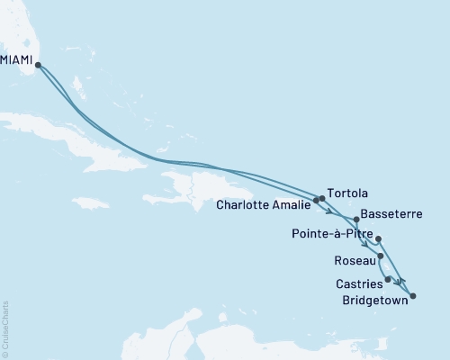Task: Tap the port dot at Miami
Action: [38, 64]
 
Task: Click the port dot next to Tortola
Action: [322, 198]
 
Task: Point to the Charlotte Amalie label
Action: [264, 204]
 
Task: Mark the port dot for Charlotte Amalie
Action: [316, 201]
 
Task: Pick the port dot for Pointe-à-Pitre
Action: [378, 238]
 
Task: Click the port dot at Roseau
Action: [382, 256]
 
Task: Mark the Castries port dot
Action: [388, 279]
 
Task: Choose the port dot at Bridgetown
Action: [413, 295]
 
